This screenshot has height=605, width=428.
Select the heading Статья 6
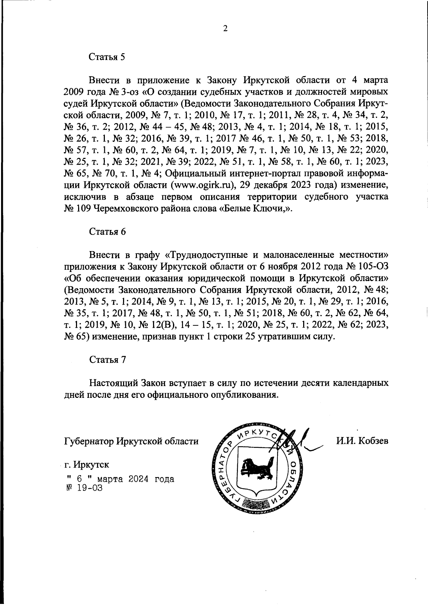click(x=107, y=231)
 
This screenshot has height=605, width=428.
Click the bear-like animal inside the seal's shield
click(x=255, y=469)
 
